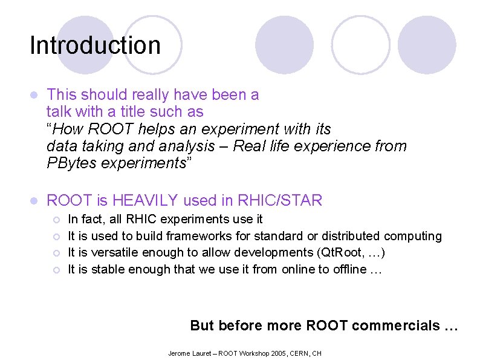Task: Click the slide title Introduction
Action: (95, 45)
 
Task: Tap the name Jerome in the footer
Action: (178, 353)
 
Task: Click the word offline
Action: (349, 269)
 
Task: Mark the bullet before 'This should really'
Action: (34, 96)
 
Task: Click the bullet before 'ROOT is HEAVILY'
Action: (34, 200)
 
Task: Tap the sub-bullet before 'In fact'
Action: (56, 219)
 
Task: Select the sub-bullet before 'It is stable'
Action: (56, 270)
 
